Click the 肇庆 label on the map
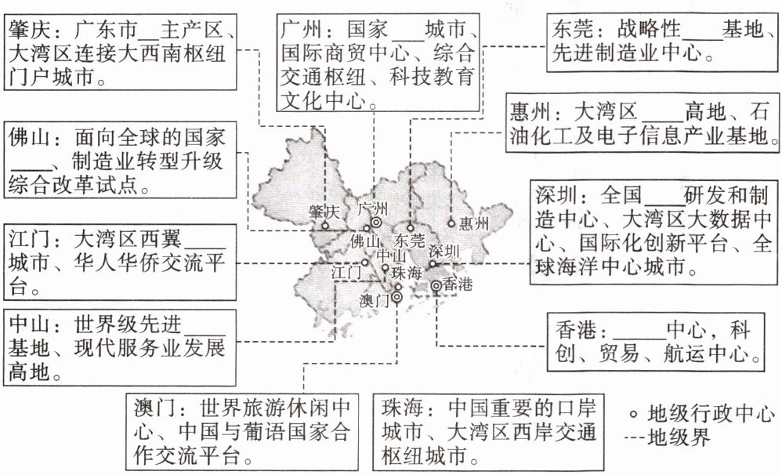pos(323,212)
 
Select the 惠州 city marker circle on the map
pos(451,223)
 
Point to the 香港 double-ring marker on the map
pos(436,287)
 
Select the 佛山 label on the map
pos(364,240)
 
